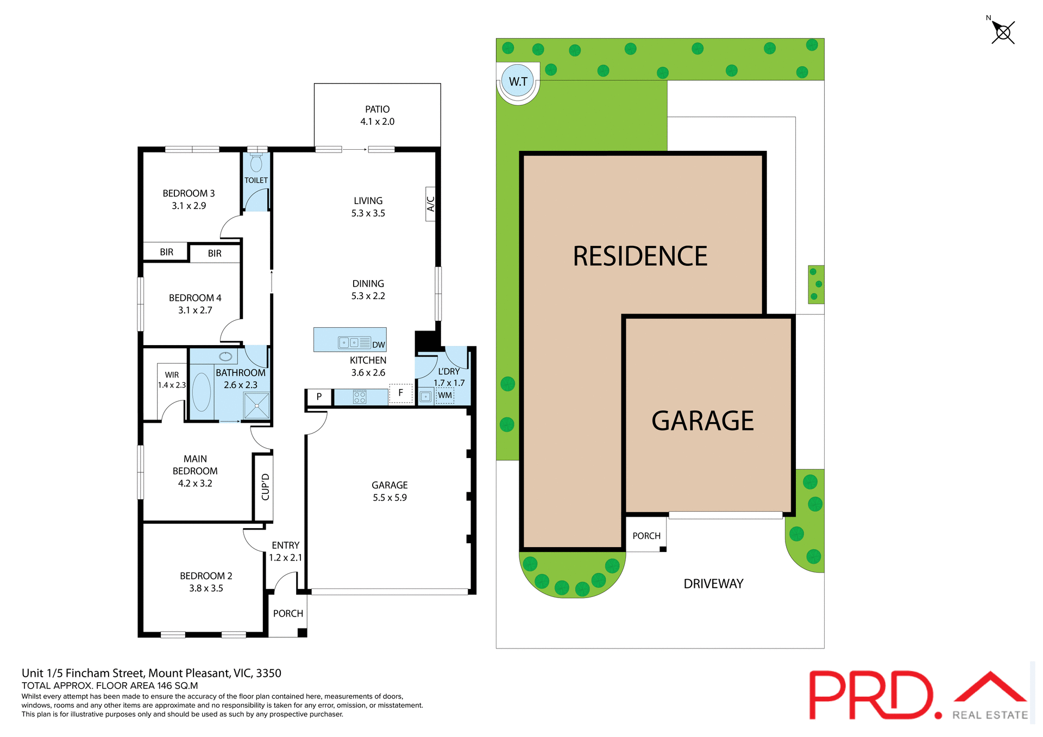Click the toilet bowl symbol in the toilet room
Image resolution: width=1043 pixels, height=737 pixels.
[x=256, y=162]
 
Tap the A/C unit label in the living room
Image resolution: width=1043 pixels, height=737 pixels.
[x=431, y=204]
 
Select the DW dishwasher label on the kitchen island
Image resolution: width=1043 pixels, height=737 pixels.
[x=379, y=345]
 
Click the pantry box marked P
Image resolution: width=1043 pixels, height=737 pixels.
[x=319, y=397]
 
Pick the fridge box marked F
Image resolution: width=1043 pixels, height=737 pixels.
[x=401, y=393]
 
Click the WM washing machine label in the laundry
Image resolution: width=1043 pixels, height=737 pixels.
[x=445, y=396]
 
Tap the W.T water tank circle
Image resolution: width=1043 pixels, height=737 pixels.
[x=518, y=81]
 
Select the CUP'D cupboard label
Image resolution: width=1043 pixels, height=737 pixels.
[x=265, y=487]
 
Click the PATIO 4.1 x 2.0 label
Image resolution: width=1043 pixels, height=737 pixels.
[x=377, y=116]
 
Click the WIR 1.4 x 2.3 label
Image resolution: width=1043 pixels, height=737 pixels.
[x=172, y=380]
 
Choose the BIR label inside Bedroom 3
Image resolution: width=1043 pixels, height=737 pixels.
[x=166, y=252]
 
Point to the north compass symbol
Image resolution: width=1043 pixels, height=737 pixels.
[x=1002, y=32]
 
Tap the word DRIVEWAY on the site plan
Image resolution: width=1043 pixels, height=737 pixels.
[x=713, y=584]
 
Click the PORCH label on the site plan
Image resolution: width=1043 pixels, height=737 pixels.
[x=646, y=536]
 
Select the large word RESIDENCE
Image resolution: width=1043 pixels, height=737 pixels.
[x=640, y=256]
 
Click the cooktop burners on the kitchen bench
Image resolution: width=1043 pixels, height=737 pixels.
[x=360, y=397]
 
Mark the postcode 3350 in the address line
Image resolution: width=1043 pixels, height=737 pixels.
[x=268, y=674]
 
